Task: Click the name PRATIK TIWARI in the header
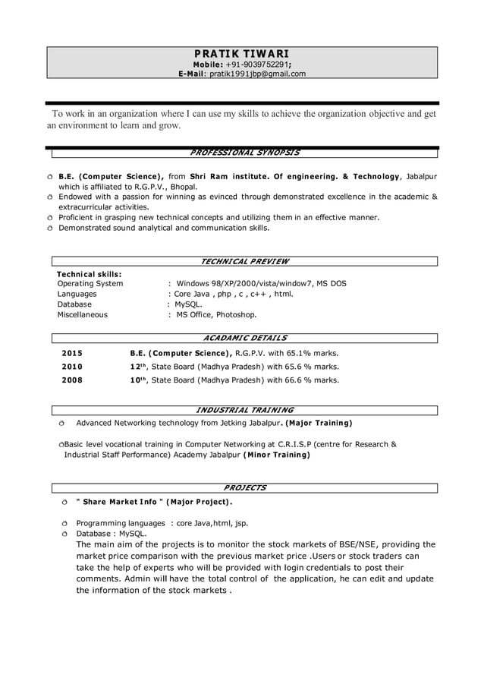pos(241,54)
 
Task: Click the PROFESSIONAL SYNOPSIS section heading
pos(244,153)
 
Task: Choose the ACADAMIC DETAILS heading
pos(245,338)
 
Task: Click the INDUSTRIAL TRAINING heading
pos(244,410)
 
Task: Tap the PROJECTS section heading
pos(244,487)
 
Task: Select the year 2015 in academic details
pos(72,353)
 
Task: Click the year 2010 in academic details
pos(72,367)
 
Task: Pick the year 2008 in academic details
pos(72,380)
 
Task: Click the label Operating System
pos(90,283)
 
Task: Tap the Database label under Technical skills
pos(74,304)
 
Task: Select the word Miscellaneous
pos(83,314)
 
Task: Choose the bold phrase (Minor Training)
pos(276,455)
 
